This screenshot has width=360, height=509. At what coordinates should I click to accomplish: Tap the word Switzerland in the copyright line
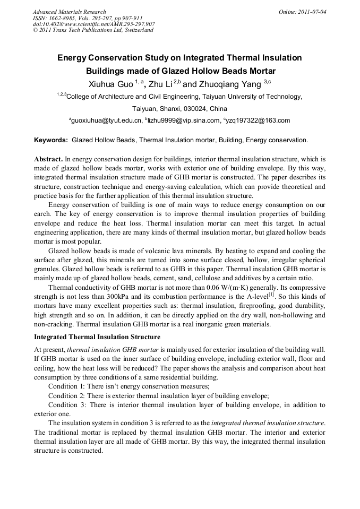pos(138,30)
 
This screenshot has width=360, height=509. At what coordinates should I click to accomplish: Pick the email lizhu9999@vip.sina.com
pos(183,121)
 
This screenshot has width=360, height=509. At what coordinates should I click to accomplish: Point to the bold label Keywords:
pos(51,141)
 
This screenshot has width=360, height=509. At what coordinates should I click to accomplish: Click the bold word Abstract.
pos(48,159)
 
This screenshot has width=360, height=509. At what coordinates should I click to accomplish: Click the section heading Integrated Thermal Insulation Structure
pos(97,337)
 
